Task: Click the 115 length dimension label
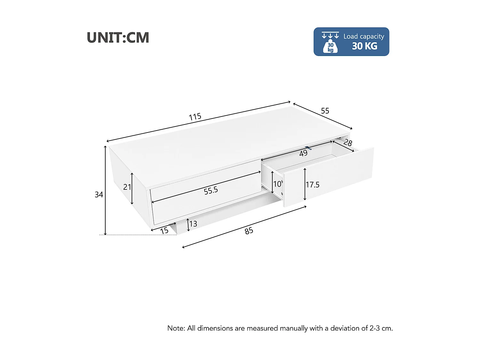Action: pos(195,117)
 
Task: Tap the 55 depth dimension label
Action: pos(325,111)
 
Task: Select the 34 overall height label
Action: pos(99,195)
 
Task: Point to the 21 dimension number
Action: pos(127,187)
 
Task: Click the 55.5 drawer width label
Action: pos(211,191)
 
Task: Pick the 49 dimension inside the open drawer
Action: pos(303,154)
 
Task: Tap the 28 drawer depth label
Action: pos(348,143)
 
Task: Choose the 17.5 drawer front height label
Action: pos(312,185)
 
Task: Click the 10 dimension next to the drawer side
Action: pos(277,184)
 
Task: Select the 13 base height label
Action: pos(193,224)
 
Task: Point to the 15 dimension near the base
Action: pos(164,231)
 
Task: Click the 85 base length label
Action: pos(249,231)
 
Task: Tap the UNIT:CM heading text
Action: pos(118,38)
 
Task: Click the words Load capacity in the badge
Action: pos(364,36)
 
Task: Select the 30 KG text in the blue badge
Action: pos(364,46)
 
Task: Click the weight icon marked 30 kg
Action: pos(330,47)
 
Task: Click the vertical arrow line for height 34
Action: pos(105,179)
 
